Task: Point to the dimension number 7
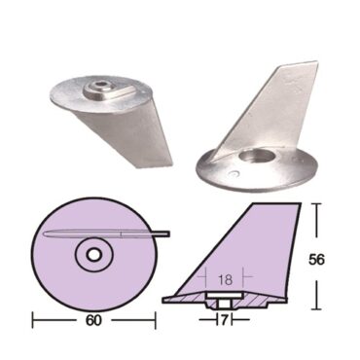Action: click(x=226, y=318)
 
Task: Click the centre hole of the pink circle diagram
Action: click(x=95, y=254)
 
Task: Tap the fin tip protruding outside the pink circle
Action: click(x=164, y=232)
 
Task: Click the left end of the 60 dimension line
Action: click(x=35, y=317)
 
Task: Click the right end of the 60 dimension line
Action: click(x=158, y=317)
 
